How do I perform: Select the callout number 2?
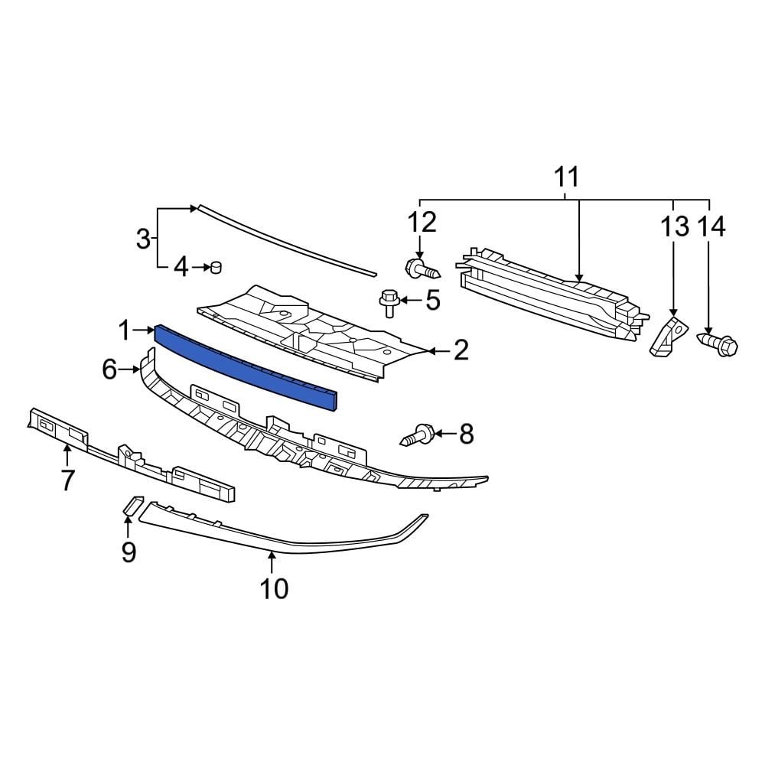461,350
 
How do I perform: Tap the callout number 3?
143,239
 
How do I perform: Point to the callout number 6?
110,370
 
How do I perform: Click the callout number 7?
67,480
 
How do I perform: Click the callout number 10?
273,588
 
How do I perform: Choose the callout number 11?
566,177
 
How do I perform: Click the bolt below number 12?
419,269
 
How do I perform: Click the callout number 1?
125,330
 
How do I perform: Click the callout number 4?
181,267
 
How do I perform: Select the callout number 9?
128,551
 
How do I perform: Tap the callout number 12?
422,222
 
